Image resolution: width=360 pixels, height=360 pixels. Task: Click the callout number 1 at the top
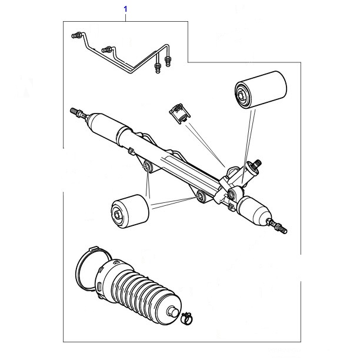point(125,9)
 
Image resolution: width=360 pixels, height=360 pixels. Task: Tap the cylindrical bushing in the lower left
point(129,211)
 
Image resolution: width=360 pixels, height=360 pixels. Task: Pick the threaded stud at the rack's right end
point(279,225)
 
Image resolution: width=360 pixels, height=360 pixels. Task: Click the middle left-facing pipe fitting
point(106,49)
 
